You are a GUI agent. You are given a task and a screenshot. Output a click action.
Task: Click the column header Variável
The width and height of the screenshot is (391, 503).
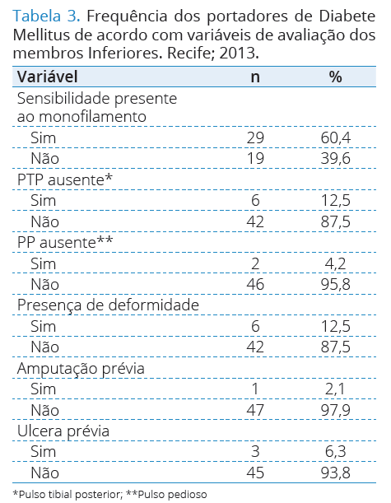pyautogui.click(x=47, y=77)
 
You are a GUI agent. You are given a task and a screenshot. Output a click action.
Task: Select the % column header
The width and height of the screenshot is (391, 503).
pyautogui.click(x=335, y=77)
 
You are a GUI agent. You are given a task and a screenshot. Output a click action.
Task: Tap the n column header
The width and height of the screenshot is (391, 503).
pyautogui.click(x=255, y=77)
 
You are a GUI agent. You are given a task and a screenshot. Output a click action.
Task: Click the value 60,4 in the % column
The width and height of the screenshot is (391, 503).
pyautogui.click(x=336, y=138)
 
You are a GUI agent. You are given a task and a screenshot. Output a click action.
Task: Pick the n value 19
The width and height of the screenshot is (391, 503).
pyautogui.click(x=255, y=158)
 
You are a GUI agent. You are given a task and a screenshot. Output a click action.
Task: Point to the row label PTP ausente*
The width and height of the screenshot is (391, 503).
pyautogui.click(x=65, y=179)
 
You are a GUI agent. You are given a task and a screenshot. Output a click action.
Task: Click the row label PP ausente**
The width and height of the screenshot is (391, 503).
pyautogui.click(x=65, y=242)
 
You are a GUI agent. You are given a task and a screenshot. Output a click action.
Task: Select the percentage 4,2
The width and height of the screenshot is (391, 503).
pyautogui.click(x=336, y=263)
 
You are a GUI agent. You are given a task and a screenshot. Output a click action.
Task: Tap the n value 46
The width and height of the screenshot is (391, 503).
pyautogui.click(x=255, y=284)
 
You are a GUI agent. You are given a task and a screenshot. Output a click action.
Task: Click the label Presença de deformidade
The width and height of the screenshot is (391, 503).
pyautogui.click(x=108, y=305)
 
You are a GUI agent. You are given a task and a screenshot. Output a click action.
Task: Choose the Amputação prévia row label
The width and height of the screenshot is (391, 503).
pyautogui.click(x=81, y=368)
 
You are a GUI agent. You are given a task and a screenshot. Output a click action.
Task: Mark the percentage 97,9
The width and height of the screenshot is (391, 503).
pyautogui.click(x=336, y=410)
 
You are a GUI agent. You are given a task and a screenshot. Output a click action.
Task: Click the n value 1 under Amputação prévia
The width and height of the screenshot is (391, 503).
pyautogui.click(x=255, y=389)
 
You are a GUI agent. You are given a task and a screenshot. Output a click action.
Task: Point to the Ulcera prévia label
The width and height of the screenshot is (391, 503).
pyautogui.click(x=63, y=431)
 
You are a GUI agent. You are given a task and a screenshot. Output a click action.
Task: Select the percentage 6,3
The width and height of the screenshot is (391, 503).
pyautogui.click(x=336, y=452)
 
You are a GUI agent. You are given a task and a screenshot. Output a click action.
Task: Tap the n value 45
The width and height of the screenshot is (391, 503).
pyautogui.click(x=255, y=473)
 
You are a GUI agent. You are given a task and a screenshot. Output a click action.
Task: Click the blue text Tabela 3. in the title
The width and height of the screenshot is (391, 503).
pyautogui.click(x=46, y=16)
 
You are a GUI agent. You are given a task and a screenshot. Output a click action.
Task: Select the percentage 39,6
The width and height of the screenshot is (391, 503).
pyautogui.click(x=336, y=158)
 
